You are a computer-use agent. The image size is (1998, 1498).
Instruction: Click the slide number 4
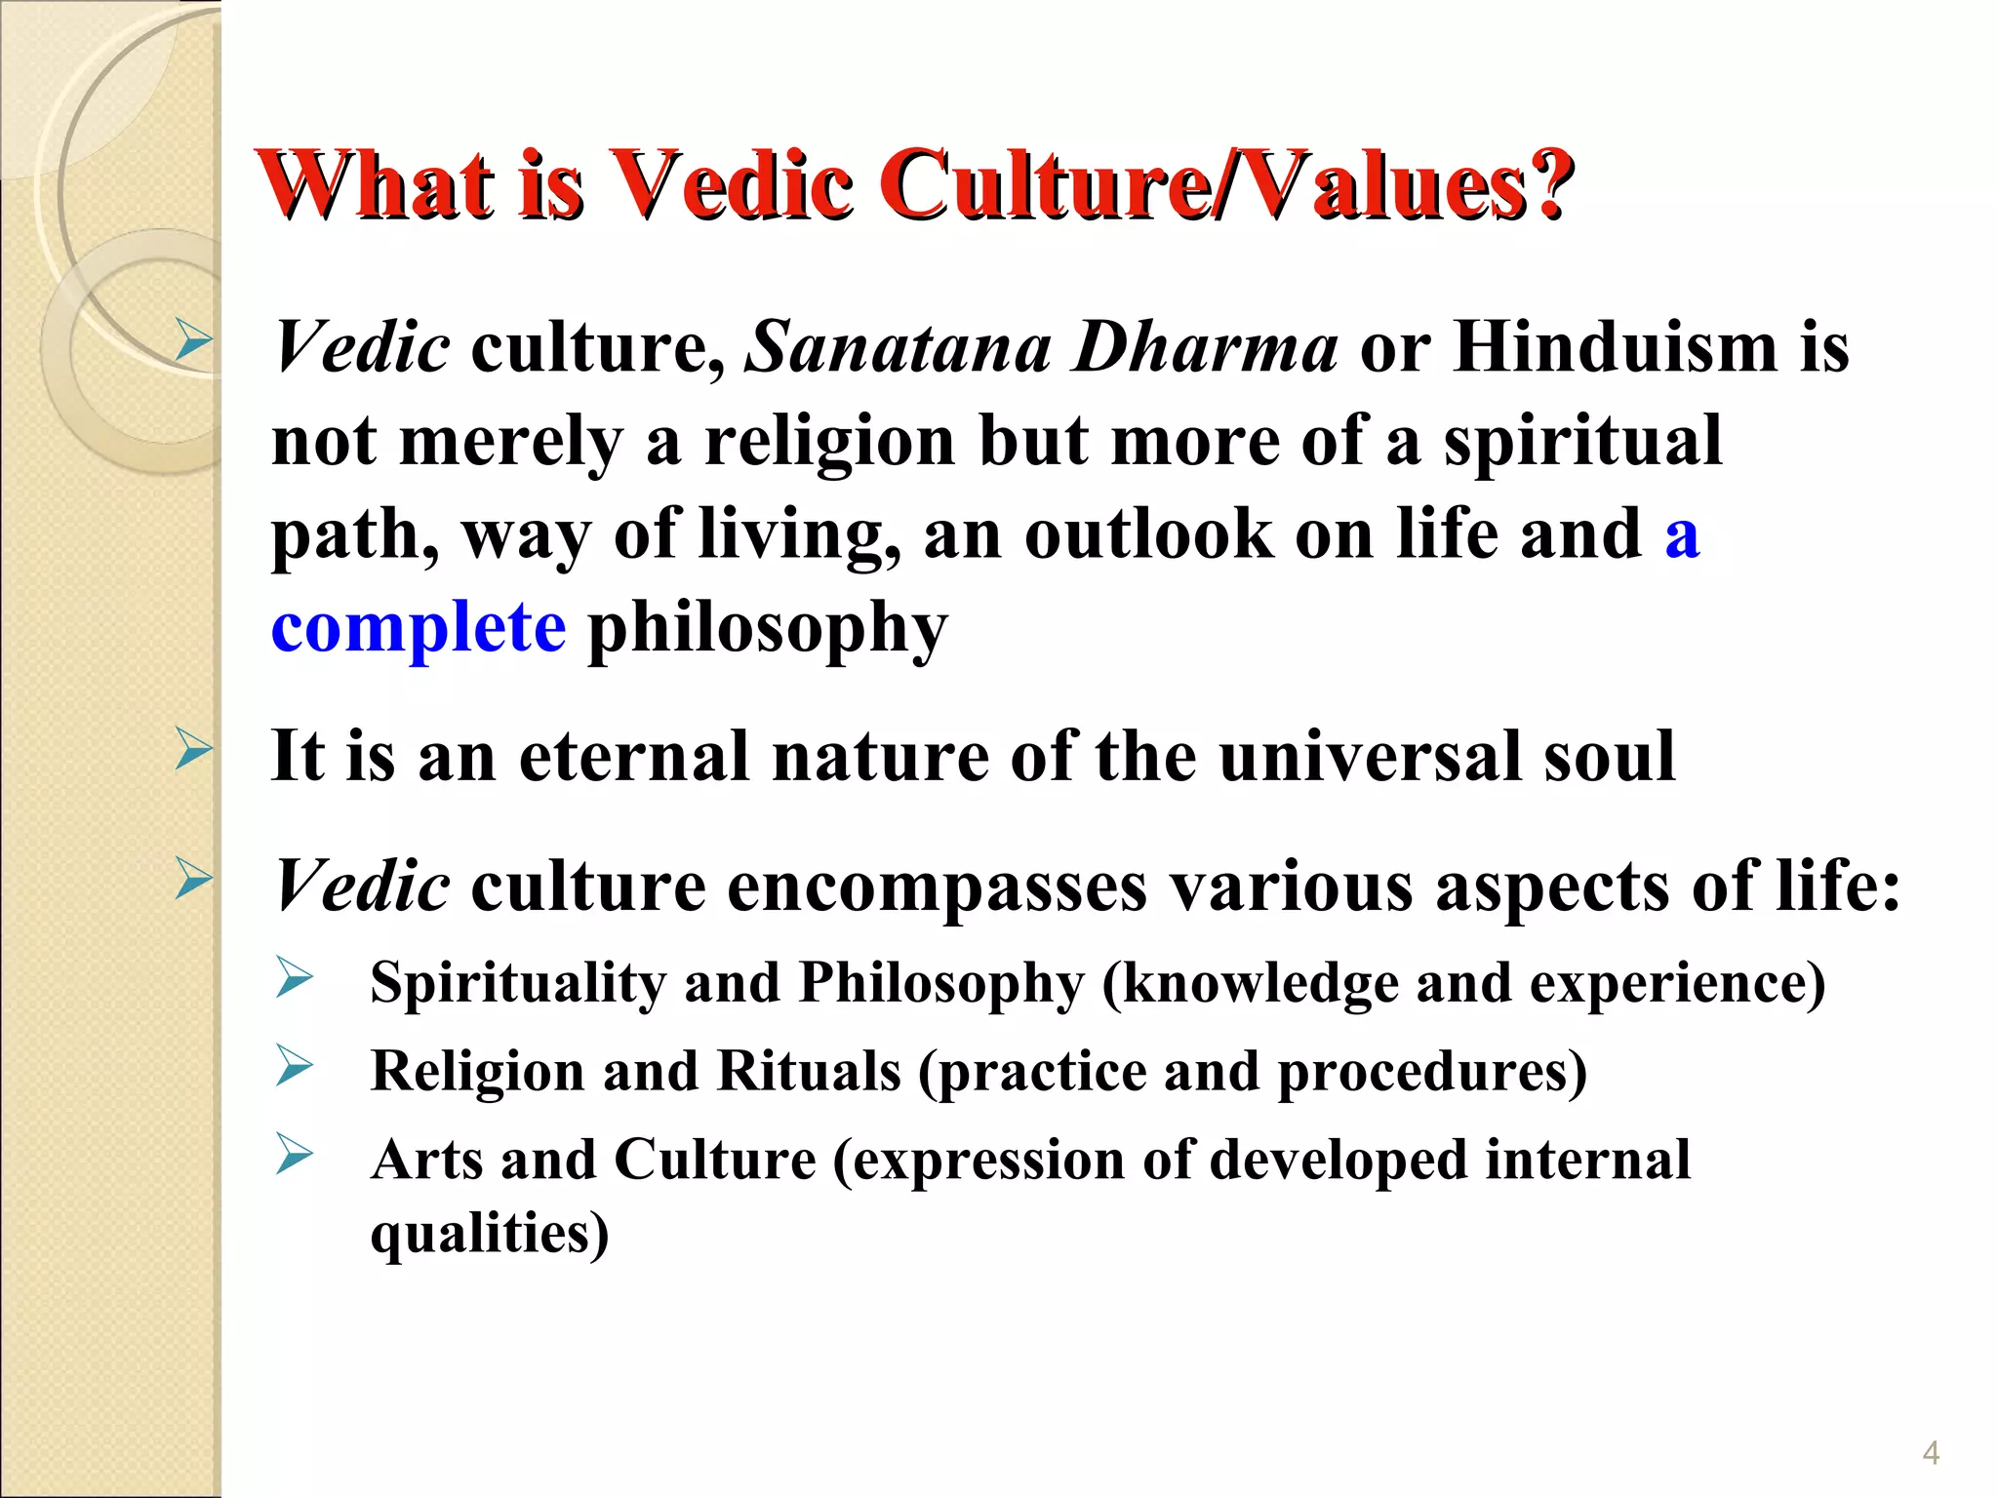tap(1931, 1453)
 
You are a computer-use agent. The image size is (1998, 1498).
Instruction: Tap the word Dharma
tap(1204, 347)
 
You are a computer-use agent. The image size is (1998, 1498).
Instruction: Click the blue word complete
tap(418, 627)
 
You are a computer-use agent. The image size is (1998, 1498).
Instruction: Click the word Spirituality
tap(518, 983)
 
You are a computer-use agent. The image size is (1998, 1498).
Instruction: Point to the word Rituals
tap(809, 1071)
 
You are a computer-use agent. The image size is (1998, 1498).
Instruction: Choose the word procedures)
tap(1432, 1073)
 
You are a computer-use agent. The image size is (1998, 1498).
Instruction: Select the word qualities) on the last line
tap(490, 1234)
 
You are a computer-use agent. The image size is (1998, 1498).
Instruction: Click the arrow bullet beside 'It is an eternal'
tap(193, 751)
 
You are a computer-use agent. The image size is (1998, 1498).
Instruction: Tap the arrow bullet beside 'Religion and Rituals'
tap(294, 1066)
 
